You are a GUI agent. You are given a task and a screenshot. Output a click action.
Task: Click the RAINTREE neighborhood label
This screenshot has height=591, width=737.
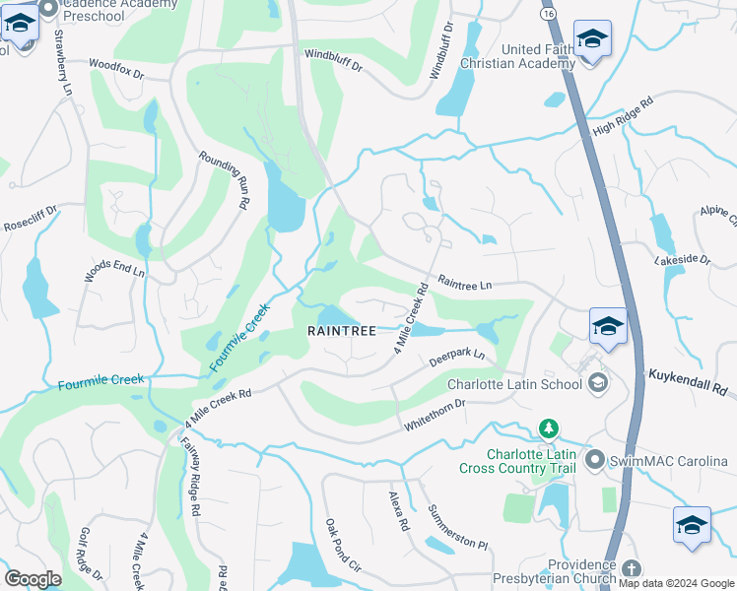click(x=342, y=332)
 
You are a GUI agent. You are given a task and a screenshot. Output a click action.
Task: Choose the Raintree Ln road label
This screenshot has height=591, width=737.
click(x=464, y=284)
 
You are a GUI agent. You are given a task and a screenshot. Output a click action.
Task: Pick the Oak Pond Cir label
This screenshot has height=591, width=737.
click(x=343, y=545)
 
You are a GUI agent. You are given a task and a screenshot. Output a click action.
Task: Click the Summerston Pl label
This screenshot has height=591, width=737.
click(x=457, y=528)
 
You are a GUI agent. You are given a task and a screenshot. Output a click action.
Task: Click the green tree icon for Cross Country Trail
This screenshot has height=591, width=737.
click(x=548, y=429)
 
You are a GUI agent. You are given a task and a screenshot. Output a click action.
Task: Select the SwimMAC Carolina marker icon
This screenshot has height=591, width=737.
click(x=594, y=460)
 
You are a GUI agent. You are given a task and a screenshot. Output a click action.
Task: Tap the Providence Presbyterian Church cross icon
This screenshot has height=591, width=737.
click(x=631, y=568)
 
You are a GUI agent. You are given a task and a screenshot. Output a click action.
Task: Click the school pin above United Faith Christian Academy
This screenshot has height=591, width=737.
click(x=592, y=40)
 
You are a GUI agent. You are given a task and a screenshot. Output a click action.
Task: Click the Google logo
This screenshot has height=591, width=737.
click(x=33, y=579)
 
